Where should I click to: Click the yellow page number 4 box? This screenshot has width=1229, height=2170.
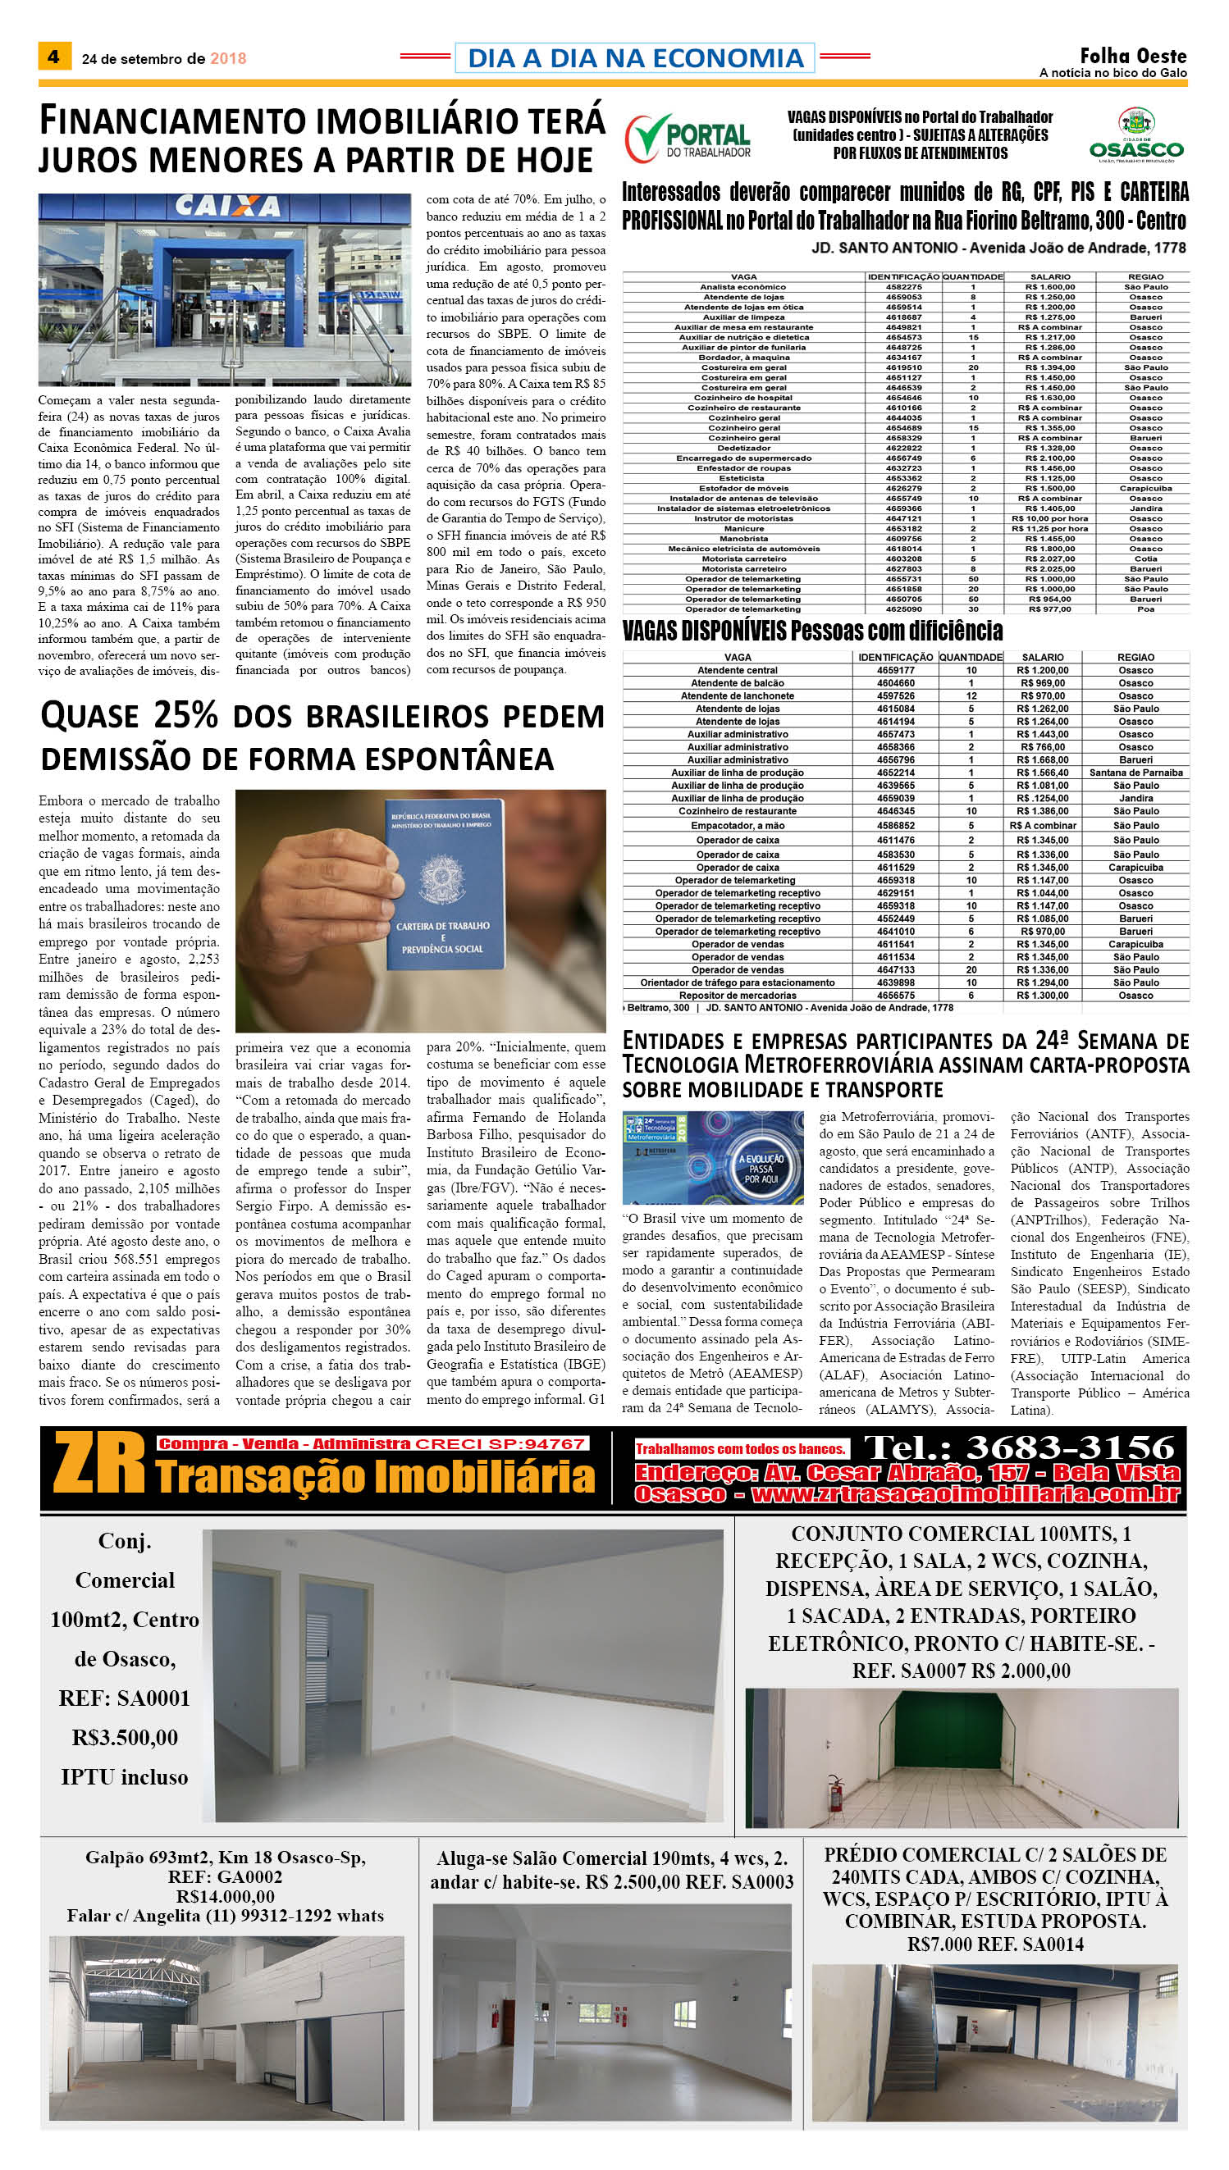54,57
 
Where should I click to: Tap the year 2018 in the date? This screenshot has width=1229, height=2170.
228,59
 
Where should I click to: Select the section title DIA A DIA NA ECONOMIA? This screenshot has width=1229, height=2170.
635,58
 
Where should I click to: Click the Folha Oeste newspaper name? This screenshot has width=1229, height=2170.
1133,56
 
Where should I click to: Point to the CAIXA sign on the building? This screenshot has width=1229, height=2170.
227,207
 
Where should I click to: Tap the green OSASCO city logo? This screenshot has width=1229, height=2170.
1136,136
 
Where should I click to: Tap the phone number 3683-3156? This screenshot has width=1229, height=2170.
1071,1447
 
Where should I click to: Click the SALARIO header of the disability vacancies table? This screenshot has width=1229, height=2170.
1043,657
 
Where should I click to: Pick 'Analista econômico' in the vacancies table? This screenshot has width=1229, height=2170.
742,287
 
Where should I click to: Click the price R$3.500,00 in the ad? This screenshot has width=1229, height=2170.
125,1738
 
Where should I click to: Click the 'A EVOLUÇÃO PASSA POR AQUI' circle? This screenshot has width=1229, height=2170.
761,1169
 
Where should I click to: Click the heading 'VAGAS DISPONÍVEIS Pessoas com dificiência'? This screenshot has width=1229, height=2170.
812,631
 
